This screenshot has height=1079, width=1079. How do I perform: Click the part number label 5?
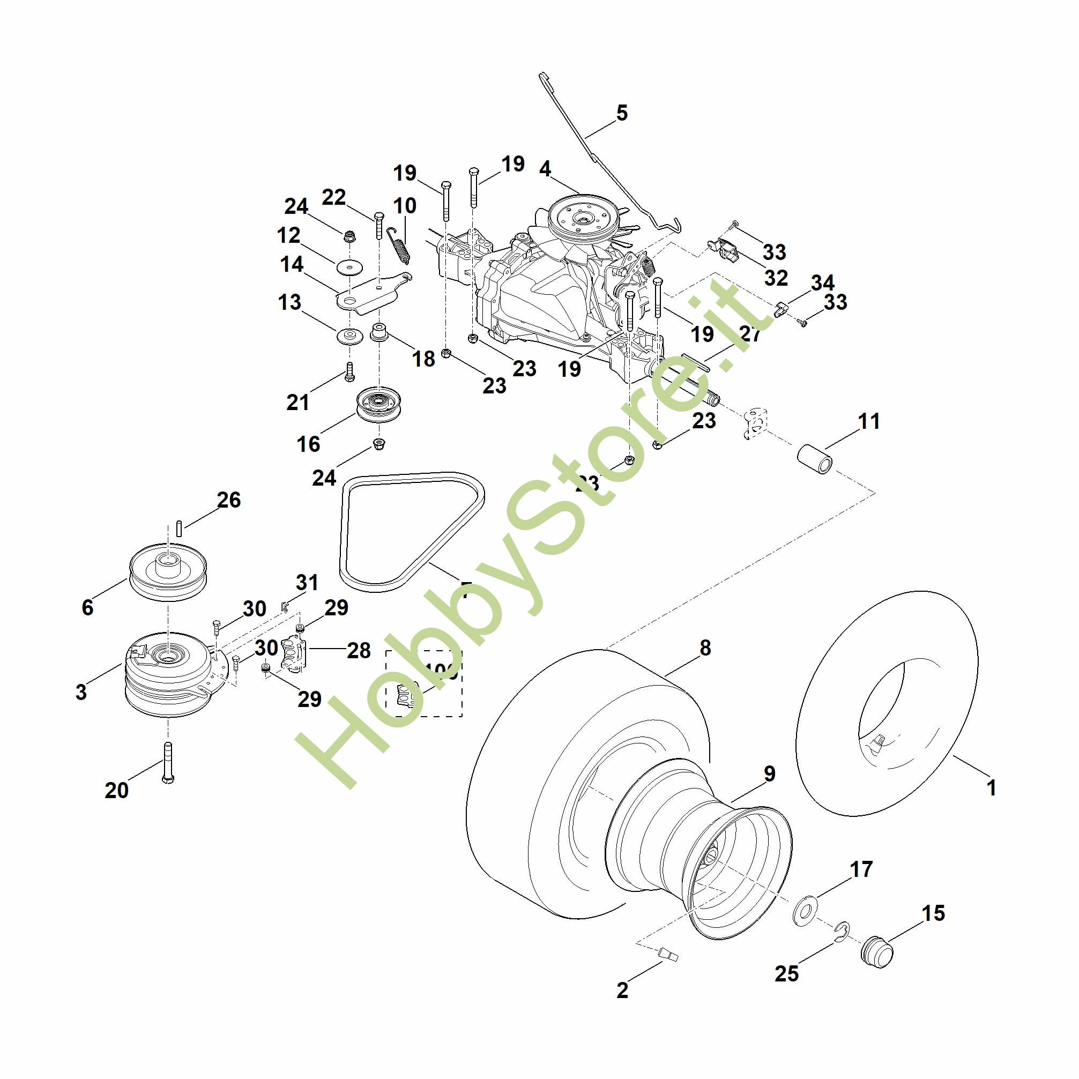(622, 114)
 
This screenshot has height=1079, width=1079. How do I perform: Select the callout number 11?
(869, 422)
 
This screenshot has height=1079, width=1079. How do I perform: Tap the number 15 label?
(933, 914)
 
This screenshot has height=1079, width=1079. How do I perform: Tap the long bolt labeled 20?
(168, 762)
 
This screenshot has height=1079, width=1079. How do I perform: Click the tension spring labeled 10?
(400, 245)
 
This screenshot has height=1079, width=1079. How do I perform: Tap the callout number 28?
(359, 650)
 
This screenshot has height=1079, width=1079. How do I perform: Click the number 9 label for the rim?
(769, 773)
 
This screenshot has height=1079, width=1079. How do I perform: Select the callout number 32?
(776, 278)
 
